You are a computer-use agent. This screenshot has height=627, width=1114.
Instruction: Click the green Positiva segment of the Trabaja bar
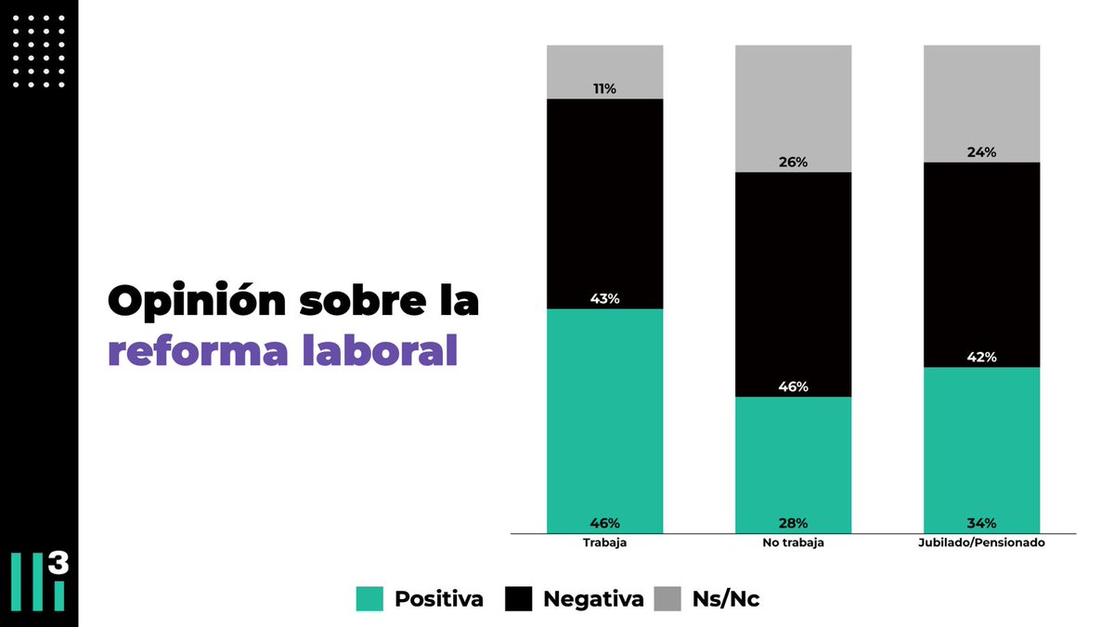(x=605, y=418)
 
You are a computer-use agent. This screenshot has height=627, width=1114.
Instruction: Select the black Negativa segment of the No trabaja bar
(x=793, y=279)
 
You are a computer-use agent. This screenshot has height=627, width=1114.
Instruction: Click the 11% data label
(x=605, y=89)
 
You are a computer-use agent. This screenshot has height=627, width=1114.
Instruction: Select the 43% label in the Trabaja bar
(x=605, y=299)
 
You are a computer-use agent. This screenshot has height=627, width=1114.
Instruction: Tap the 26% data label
(x=793, y=163)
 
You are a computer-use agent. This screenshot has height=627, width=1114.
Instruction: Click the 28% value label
(x=793, y=523)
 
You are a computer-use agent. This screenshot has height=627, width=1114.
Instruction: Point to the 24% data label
(x=981, y=152)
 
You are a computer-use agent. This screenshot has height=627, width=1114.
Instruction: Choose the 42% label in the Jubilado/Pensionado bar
(x=981, y=358)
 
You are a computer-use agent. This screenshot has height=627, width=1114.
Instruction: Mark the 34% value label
(x=981, y=523)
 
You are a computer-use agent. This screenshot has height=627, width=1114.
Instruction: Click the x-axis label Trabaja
(x=605, y=543)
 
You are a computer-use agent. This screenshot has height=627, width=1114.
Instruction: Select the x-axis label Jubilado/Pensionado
(x=981, y=543)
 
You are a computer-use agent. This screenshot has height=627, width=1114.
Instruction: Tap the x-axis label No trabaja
(x=793, y=543)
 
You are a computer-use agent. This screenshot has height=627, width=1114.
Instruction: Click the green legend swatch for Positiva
(x=369, y=599)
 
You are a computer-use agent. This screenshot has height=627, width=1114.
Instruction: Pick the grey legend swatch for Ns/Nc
(x=667, y=599)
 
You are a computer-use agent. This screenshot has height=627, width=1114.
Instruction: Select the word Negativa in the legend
(x=592, y=599)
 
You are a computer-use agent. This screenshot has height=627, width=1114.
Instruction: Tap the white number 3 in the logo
(x=58, y=566)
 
